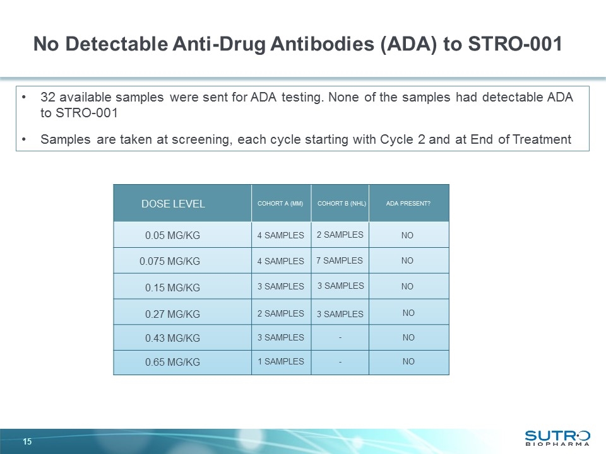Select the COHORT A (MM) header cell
coord(280,204)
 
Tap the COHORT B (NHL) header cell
coord(340,204)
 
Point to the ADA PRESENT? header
coord(408,204)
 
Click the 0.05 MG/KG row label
coord(172,235)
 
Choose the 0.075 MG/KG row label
coord(169,261)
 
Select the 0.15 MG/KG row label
coord(172,288)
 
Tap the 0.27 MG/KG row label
coord(172,313)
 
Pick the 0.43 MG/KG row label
coord(172,338)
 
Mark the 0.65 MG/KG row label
coord(172,363)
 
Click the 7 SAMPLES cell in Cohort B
coord(340,260)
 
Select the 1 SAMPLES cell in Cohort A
coord(280,361)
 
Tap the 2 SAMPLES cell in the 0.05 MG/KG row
coord(340,235)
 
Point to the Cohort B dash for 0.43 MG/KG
coord(340,338)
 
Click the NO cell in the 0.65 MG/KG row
coord(408,362)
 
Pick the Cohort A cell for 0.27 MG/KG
coord(280,313)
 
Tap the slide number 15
coord(27,441)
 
